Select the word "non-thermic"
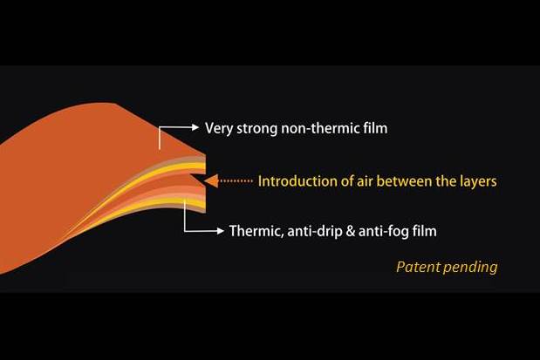pos(320,128)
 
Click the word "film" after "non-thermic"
pos(375,127)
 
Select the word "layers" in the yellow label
pos(478,181)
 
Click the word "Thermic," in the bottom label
pos(256,231)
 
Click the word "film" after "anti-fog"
pos(424,231)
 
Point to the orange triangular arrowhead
pos(211,181)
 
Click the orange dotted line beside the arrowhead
pos(236,181)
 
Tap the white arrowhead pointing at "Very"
pos(195,127)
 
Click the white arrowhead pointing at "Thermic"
pos(221,231)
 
